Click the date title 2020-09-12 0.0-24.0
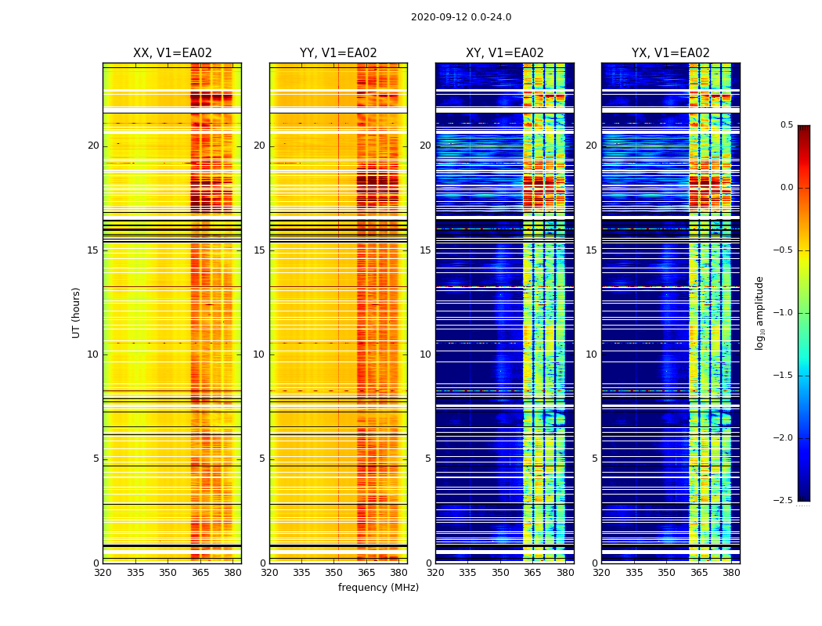click(461, 17)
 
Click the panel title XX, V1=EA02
click(172, 53)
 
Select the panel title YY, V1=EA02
click(338, 53)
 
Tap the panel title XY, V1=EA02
click(504, 53)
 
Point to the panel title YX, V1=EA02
click(670, 53)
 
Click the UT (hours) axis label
click(77, 312)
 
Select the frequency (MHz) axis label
click(378, 588)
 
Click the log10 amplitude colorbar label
click(759, 312)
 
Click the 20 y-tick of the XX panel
click(93, 146)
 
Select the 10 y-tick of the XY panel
click(425, 354)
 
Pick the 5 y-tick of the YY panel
click(262, 459)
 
